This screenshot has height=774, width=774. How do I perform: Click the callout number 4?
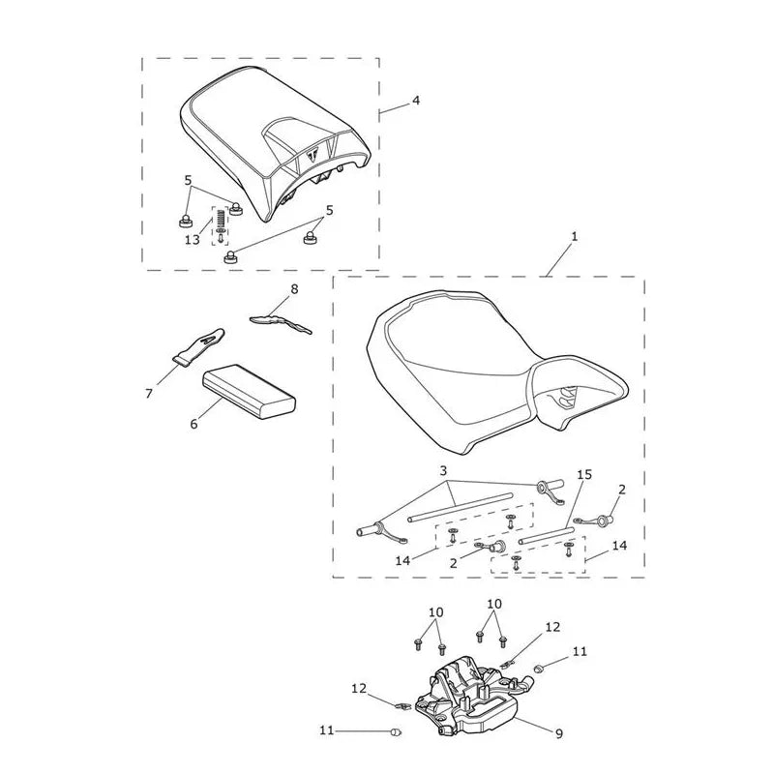pos(416,101)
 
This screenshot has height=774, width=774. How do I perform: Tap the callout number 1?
pos(574,237)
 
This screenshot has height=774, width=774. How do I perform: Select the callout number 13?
pos(192,240)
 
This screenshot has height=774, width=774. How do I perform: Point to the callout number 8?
pos(295,289)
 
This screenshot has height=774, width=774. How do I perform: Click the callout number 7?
pos(149,394)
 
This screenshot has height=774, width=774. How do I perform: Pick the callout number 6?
pos(194,424)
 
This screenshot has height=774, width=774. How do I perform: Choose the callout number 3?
pos(443,470)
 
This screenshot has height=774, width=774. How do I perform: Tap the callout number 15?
pos(584,475)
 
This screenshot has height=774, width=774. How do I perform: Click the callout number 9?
pos(559,734)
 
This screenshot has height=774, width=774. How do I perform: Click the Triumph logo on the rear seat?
pos(313,155)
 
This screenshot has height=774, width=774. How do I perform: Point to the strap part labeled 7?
pos(198,346)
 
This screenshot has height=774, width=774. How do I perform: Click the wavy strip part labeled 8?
pos(281,323)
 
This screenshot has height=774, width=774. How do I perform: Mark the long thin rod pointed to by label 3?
pos(461,507)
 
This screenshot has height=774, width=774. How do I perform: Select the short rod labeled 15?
pos(547,536)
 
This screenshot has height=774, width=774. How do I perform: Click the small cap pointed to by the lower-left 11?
pos(396,732)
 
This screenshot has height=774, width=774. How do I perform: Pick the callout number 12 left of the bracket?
pos(359,688)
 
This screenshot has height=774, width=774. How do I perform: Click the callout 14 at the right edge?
pos(619,546)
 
